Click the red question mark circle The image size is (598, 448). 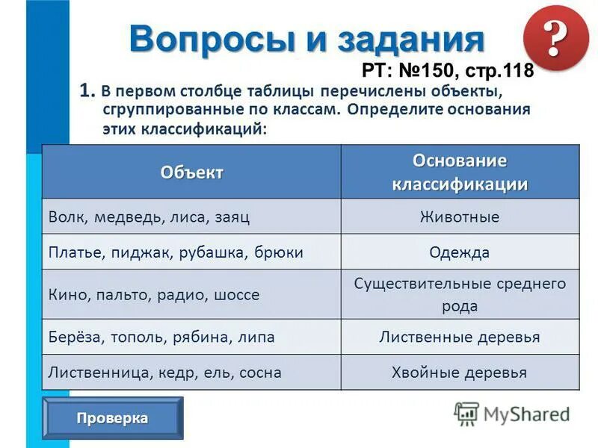point(554,39)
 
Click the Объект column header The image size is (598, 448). point(191,172)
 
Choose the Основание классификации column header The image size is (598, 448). point(460,172)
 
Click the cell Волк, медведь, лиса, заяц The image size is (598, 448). point(149,217)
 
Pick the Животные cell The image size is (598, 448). point(460,217)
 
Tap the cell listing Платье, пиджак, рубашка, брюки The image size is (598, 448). point(176,252)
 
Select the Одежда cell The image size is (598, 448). point(460,252)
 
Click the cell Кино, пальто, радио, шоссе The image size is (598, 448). point(154,295)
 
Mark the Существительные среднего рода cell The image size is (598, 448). point(460,295)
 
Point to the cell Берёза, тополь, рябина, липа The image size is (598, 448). point(161,337)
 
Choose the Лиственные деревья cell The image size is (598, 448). point(460,337)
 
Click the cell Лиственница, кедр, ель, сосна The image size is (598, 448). point(164,372)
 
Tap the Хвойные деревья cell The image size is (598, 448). point(460,372)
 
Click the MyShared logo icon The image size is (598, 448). point(466,414)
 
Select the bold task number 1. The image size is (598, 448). point(86,91)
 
